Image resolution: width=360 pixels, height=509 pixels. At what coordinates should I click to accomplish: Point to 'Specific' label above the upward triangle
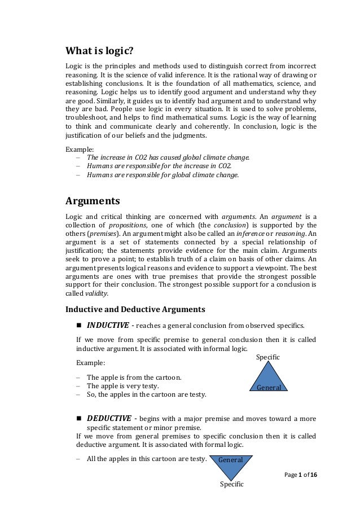coord(268,358)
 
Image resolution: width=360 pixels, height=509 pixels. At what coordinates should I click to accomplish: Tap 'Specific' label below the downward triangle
coord(231,484)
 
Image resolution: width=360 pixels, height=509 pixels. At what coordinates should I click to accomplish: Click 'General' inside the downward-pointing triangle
coord(231,460)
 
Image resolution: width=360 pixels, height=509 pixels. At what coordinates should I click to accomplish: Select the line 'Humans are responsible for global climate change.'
coord(163,175)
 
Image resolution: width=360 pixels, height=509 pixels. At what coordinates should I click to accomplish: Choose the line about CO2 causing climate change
coord(168,157)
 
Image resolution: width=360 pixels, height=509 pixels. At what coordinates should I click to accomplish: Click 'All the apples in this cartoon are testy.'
coord(146,458)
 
